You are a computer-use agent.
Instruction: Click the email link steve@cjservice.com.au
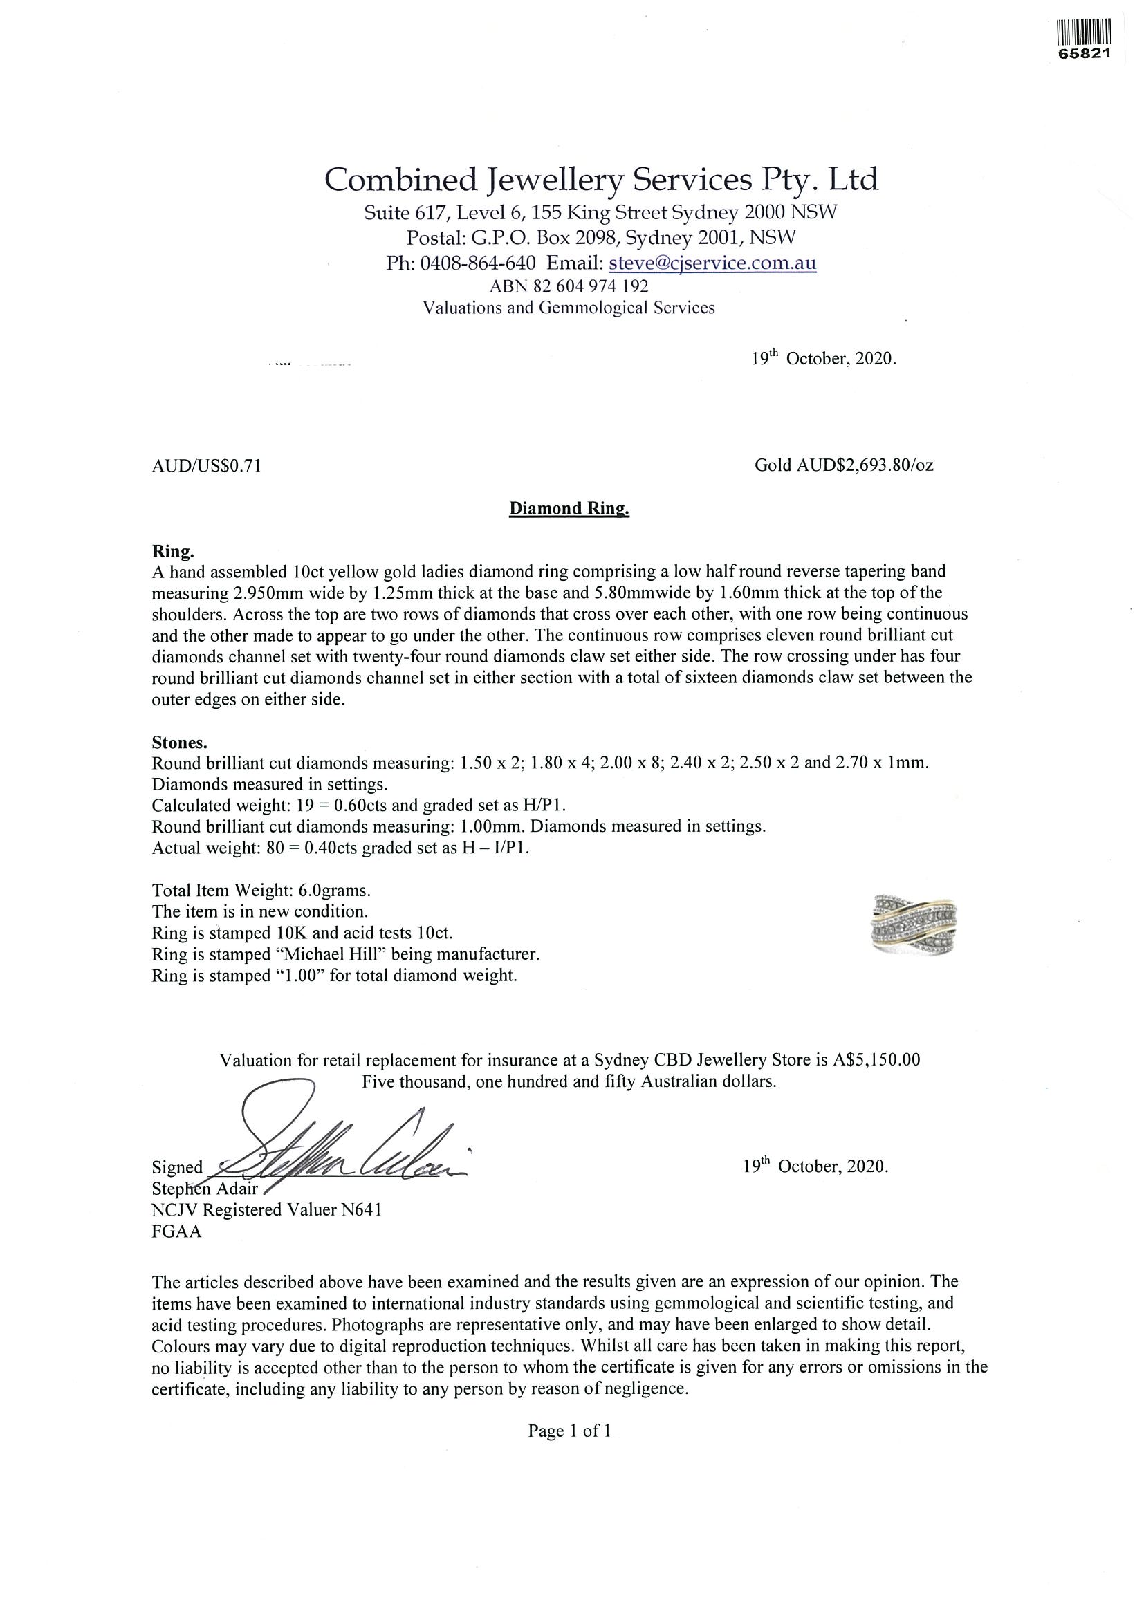point(712,263)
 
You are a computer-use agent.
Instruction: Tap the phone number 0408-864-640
point(477,263)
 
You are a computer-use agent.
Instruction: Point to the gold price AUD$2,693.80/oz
point(844,465)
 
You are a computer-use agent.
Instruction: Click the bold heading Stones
point(180,742)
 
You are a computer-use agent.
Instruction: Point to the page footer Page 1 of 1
point(569,1430)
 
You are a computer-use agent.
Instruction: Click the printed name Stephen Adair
point(205,1189)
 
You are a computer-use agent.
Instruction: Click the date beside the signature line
point(815,1167)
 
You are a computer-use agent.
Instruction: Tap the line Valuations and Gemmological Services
point(568,308)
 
